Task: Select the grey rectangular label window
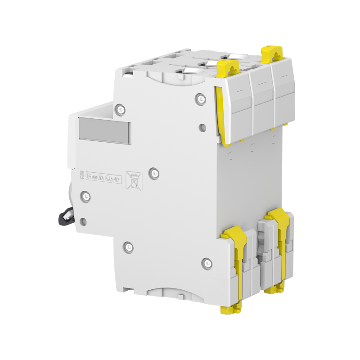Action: [104, 130]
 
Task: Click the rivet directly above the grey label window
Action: [119, 108]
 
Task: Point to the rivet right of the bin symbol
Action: [153, 172]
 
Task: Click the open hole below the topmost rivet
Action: [202, 127]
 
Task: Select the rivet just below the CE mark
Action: [85, 196]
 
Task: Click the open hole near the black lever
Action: [83, 221]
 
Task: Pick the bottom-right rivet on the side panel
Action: [207, 263]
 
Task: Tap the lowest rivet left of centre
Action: [129, 246]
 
